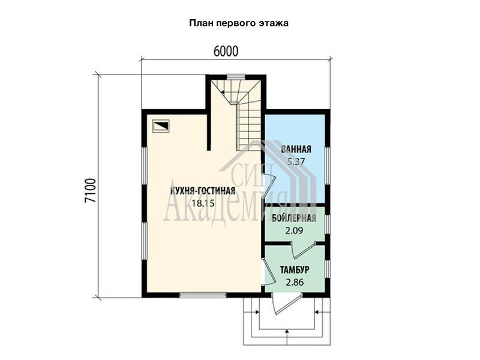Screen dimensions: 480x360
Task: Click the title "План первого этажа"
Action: [239, 23]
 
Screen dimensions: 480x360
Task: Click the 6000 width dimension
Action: [226, 52]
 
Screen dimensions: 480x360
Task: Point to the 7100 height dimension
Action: [91, 190]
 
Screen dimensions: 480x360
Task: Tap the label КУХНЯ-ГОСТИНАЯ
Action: [203, 191]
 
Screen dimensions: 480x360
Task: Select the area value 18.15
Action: [203, 203]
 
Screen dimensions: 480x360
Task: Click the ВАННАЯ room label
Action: [296, 149]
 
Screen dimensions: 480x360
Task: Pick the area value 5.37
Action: [296, 161]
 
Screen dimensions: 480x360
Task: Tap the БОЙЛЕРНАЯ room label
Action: [294, 218]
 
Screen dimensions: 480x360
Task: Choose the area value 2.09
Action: [294, 230]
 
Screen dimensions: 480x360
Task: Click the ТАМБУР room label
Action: [295, 270]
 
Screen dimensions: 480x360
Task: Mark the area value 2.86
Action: [295, 282]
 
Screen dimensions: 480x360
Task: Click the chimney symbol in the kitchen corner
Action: [161, 125]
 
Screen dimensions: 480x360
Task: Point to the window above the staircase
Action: [238, 77]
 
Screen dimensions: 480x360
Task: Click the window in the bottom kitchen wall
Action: [203, 295]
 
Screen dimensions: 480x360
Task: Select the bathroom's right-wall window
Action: [328, 166]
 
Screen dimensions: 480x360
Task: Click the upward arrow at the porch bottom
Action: [287, 337]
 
